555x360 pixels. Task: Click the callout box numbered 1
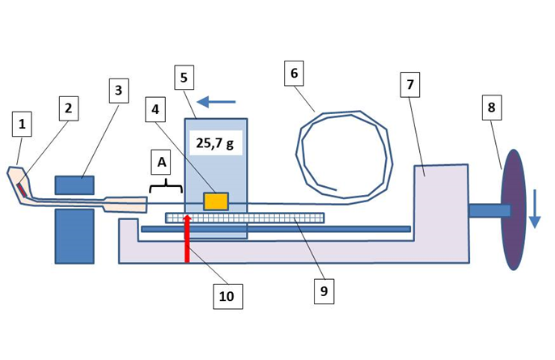pos(22,124)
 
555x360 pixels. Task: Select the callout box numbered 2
pos(68,108)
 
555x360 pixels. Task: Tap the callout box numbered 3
pos(119,91)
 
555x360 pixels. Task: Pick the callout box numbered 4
pos(155,110)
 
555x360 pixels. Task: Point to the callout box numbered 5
pos(184,77)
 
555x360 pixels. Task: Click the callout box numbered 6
pos(294,74)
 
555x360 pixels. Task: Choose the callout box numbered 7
pos(410,85)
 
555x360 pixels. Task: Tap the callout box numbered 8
pos(492,108)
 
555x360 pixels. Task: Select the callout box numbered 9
pos(324,291)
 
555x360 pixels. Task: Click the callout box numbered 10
pos(227,297)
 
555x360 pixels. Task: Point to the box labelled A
pos(162,162)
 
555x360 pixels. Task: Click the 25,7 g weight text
pos(215,143)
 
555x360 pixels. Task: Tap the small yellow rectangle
pos(215,201)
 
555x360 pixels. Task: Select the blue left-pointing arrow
pos(216,102)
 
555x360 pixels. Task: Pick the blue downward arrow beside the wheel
pos(535,209)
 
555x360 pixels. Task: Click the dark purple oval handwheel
pos(514,210)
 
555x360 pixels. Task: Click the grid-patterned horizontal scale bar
pos(244,218)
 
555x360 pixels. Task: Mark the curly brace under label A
pos(166,186)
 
